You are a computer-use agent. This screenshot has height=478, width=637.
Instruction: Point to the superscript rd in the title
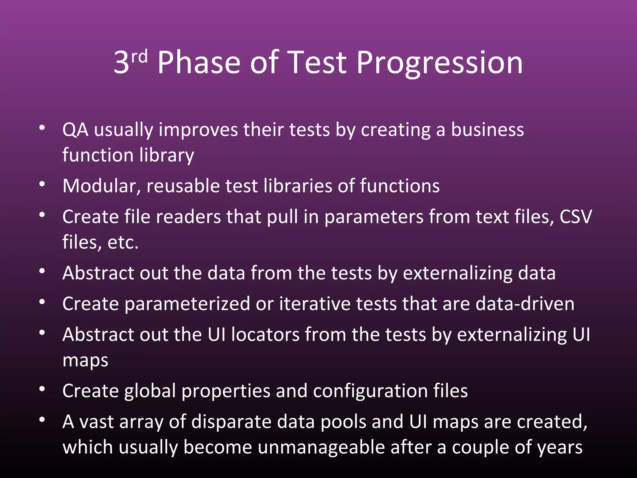point(139,57)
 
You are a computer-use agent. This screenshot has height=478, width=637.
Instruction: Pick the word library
point(167,155)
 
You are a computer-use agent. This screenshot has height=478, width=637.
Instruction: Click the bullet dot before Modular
point(42,184)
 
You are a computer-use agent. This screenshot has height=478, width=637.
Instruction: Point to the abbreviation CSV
point(576,217)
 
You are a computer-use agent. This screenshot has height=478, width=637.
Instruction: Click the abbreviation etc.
point(123,242)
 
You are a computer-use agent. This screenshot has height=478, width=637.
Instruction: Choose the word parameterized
point(187,304)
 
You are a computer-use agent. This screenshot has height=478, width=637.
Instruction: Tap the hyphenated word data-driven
point(525,304)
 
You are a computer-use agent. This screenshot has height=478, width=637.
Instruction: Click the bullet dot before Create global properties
point(42,389)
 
